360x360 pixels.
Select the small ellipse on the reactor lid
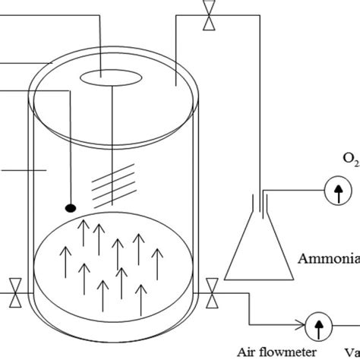[x=111, y=78]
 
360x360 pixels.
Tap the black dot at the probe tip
[x=69, y=206]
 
